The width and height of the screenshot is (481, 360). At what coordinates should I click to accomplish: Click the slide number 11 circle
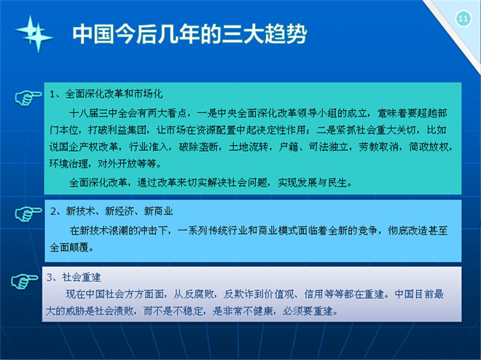pos(464,19)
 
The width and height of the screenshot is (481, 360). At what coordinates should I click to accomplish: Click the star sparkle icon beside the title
pos(34,34)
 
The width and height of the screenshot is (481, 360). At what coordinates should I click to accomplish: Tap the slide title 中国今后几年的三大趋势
pos(189,34)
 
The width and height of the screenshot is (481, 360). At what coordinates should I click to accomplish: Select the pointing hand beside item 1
pos(28,98)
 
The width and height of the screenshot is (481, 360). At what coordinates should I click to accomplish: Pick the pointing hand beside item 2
pos(28,214)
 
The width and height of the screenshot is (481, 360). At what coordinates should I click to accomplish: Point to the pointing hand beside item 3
pos(25,281)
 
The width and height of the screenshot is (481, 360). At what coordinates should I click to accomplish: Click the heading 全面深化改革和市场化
pos(114,94)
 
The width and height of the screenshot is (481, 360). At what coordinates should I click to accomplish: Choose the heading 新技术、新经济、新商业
pos(119,211)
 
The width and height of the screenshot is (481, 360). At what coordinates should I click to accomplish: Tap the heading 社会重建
pos(82,278)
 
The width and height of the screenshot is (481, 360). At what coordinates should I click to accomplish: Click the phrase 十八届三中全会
pos(103,114)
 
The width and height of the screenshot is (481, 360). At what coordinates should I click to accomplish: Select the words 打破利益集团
pos(117,130)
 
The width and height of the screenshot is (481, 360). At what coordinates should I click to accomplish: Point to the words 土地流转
pos(249,147)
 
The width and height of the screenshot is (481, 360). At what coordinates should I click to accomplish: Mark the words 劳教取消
pos(378,147)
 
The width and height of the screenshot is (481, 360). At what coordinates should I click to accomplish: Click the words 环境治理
pos(69,164)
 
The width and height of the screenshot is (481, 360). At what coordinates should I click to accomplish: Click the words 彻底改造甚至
pos(418,230)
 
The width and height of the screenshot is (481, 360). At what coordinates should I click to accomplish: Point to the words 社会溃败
pos(114,311)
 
